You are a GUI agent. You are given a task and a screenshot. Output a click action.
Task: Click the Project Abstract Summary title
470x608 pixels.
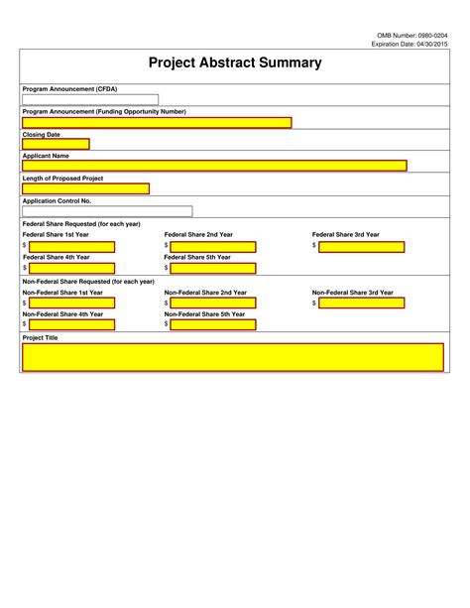(x=235, y=62)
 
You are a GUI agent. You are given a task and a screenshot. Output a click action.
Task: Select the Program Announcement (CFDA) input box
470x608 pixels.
(x=90, y=99)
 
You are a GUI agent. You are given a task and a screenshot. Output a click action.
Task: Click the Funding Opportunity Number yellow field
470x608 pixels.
(x=157, y=123)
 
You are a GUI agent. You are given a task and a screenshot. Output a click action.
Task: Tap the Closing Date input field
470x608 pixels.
(x=56, y=144)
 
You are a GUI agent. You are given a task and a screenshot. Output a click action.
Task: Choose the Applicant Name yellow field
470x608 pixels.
(x=214, y=166)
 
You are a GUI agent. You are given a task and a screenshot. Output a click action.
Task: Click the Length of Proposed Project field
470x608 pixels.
(x=85, y=188)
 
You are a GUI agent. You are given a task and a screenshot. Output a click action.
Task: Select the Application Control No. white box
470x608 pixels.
(x=107, y=211)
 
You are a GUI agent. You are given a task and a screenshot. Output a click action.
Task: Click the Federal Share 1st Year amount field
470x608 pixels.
(x=71, y=246)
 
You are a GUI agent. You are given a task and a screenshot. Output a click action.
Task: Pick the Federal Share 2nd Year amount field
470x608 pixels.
(x=213, y=246)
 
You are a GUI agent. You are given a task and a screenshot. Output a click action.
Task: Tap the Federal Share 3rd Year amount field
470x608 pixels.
(x=362, y=246)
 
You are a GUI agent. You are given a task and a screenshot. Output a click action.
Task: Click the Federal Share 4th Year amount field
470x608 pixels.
(x=71, y=268)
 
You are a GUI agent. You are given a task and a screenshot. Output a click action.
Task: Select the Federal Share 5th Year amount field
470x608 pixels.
(x=213, y=268)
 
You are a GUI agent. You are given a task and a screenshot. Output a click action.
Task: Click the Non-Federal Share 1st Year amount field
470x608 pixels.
(x=71, y=304)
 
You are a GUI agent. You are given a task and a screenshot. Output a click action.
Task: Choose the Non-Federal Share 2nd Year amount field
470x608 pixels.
(x=213, y=304)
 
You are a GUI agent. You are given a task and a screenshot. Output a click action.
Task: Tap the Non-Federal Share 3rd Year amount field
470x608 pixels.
(x=362, y=304)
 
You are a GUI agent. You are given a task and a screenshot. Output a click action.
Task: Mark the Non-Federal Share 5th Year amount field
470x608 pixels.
(x=213, y=324)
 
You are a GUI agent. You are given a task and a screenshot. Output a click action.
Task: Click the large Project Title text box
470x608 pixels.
(x=233, y=357)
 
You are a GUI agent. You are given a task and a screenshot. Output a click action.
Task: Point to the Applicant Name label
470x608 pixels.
(x=46, y=156)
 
